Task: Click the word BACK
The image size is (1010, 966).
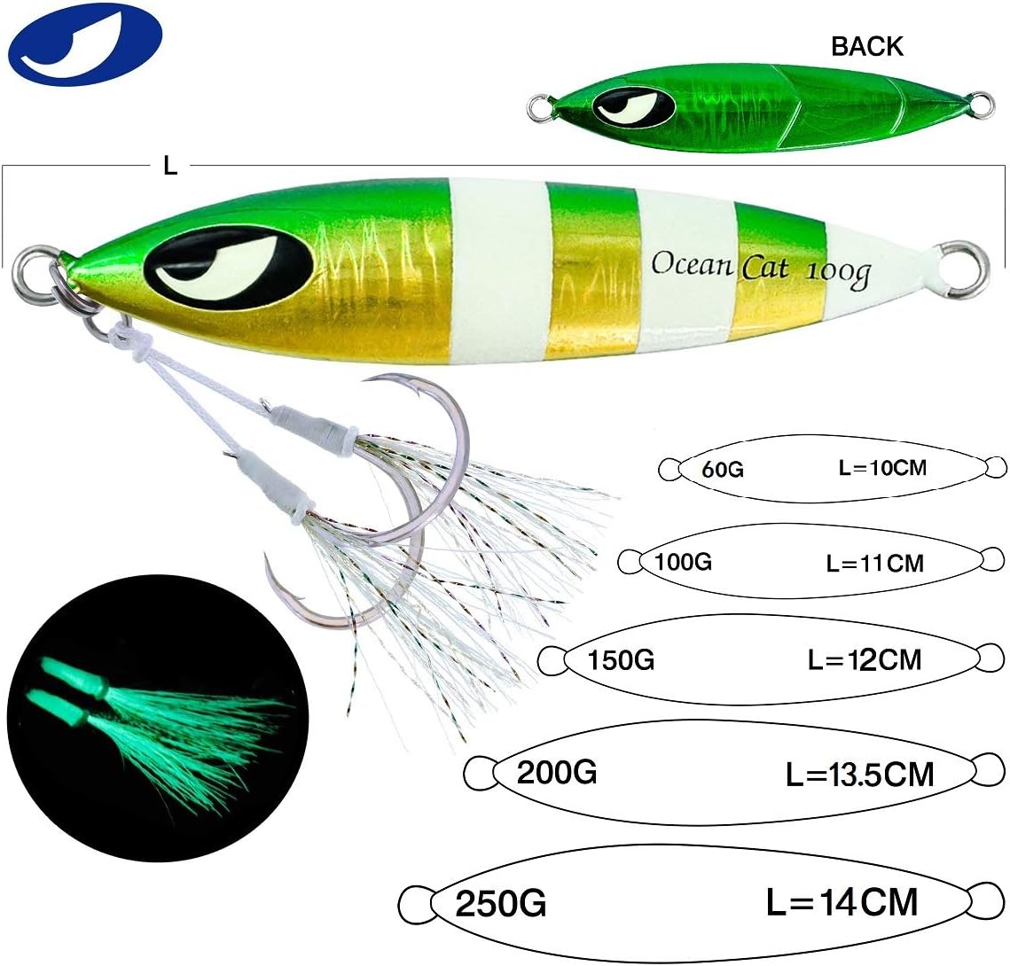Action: click(x=866, y=47)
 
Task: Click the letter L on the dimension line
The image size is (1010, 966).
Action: click(x=170, y=166)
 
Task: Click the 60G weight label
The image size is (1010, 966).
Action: click(x=722, y=469)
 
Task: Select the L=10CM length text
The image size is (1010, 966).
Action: click(x=881, y=466)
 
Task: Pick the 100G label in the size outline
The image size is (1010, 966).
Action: click(x=684, y=561)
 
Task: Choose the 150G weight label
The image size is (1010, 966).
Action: click(x=621, y=660)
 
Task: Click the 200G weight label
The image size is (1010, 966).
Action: click(x=556, y=773)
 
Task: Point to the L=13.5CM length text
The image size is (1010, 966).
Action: click(x=859, y=775)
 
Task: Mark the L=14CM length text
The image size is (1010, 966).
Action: click(x=842, y=903)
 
